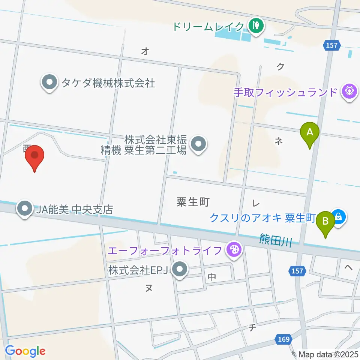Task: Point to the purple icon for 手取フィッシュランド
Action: (349, 91)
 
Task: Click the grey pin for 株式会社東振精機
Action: (198, 144)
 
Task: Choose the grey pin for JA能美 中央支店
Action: (25, 209)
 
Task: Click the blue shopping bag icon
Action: (339, 217)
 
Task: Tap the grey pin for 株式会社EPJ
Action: (180, 270)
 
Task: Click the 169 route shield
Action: (284, 339)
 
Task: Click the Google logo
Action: (25, 351)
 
